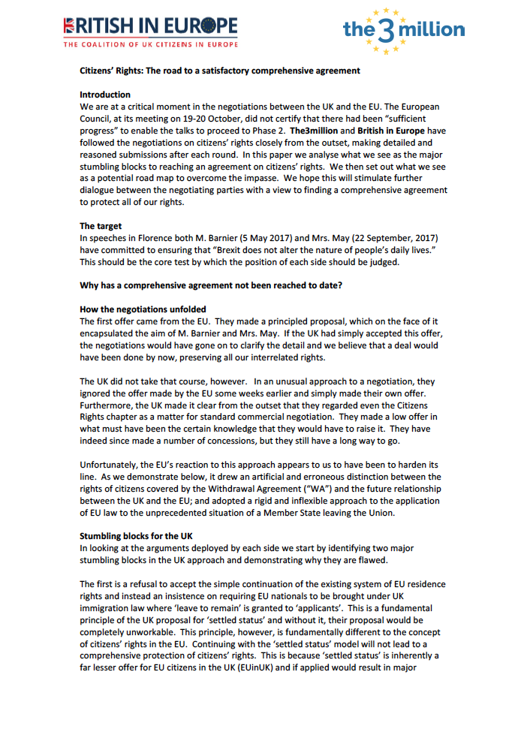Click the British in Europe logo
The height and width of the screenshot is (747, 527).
tap(151, 26)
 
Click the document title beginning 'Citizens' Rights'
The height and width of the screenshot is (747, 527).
tap(220, 71)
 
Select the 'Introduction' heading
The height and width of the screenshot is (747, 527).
tap(105, 95)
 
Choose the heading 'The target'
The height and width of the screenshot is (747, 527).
tap(101, 226)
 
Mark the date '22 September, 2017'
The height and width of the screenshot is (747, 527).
tap(406, 238)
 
